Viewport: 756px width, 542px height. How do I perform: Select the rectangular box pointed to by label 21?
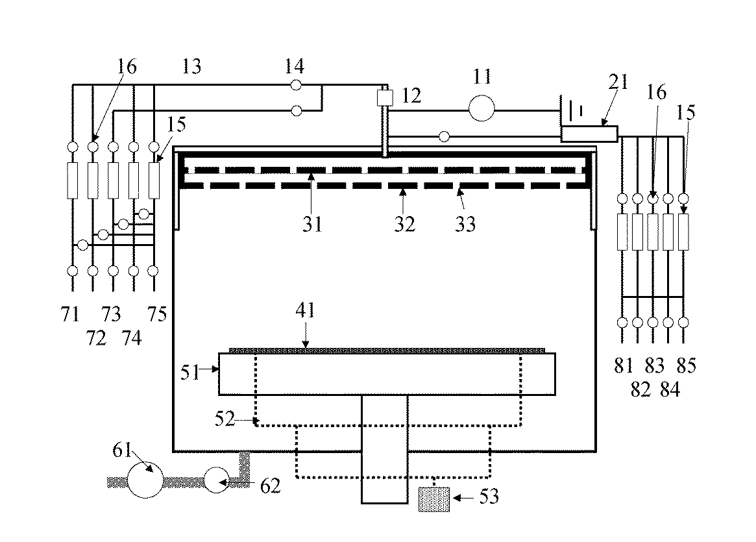click(x=589, y=134)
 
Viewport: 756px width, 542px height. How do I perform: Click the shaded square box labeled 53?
click(x=434, y=499)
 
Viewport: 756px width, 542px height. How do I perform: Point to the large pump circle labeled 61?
click(x=145, y=480)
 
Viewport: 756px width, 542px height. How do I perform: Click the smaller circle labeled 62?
click(x=219, y=480)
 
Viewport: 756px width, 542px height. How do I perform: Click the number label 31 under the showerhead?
click(x=311, y=224)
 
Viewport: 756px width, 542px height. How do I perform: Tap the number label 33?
click(x=465, y=224)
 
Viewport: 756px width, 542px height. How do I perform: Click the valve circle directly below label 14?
click(x=296, y=84)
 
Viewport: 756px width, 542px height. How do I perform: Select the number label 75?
click(x=156, y=315)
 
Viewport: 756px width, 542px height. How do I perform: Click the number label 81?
click(x=624, y=366)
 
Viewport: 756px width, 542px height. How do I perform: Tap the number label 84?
click(x=669, y=389)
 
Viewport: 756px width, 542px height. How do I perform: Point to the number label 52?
click(x=225, y=418)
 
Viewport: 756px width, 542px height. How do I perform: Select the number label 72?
click(x=96, y=338)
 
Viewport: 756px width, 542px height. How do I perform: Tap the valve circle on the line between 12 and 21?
click(x=444, y=136)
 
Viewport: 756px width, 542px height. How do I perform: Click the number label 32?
click(x=403, y=224)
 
